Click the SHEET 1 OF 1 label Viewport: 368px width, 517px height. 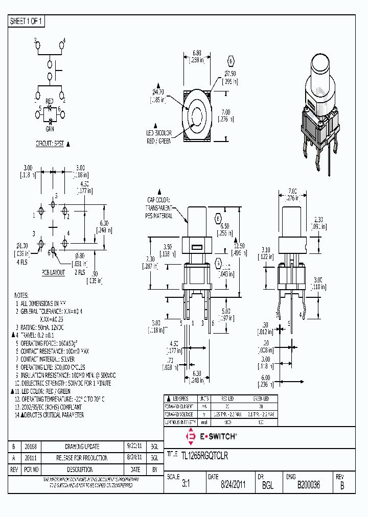coord(27,21)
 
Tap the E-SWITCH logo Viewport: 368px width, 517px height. coord(211,436)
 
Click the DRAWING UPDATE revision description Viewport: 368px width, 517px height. coord(82,447)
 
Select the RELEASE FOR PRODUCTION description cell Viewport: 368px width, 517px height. coord(82,458)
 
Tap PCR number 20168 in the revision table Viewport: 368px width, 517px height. coord(31,447)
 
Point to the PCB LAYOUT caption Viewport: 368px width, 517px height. coord(53,272)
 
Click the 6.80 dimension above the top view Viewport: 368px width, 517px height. coord(197,53)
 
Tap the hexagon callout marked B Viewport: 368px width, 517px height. coord(231,62)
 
